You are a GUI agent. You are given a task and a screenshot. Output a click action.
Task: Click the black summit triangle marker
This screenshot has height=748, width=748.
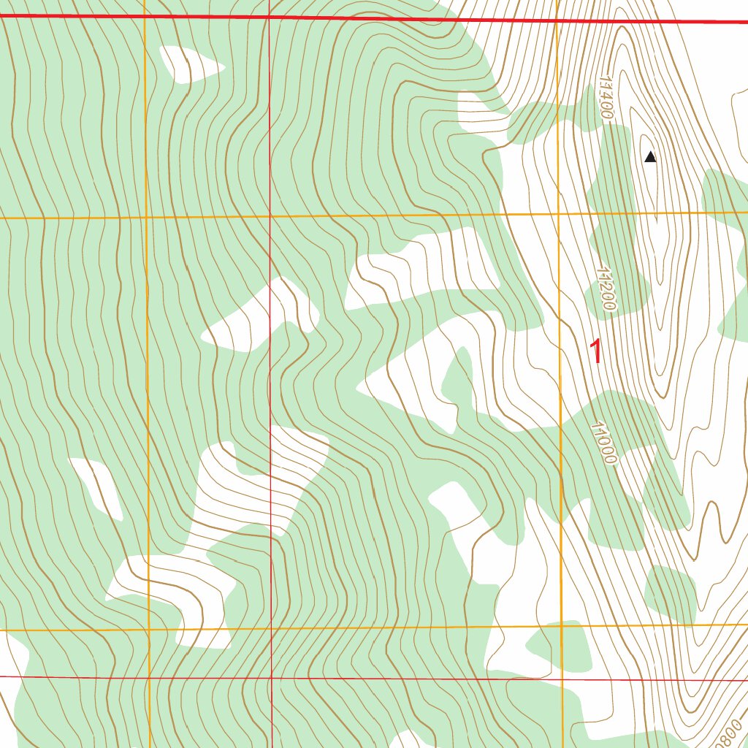click(x=650, y=156)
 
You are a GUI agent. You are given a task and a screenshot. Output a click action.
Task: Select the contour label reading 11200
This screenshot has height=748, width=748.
click(x=605, y=289)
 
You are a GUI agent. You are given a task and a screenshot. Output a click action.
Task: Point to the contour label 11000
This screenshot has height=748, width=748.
click(x=605, y=443)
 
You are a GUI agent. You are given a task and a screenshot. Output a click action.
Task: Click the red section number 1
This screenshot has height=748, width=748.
click(x=597, y=352)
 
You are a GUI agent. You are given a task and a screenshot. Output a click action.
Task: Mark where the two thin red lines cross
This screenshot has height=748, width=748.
click(x=271, y=678)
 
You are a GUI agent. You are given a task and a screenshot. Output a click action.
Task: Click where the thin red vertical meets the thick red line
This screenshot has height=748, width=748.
click(x=269, y=17)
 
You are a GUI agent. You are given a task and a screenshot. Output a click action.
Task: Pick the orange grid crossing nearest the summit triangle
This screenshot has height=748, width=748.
click(x=559, y=214)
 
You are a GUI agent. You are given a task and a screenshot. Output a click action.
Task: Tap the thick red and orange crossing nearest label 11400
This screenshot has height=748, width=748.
click(x=557, y=20)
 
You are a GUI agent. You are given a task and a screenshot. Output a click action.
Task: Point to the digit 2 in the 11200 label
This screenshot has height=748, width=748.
click(x=603, y=284)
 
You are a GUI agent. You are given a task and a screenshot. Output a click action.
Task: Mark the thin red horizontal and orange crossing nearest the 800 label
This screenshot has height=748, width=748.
click(x=562, y=679)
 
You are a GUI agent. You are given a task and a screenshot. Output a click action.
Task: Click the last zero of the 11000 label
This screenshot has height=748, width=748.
click(x=610, y=459)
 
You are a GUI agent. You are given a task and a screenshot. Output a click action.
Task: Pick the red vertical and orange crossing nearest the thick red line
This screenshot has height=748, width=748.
click(x=269, y=216)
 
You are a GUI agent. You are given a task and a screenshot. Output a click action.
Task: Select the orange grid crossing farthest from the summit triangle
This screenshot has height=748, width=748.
click(x=148, y=629)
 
